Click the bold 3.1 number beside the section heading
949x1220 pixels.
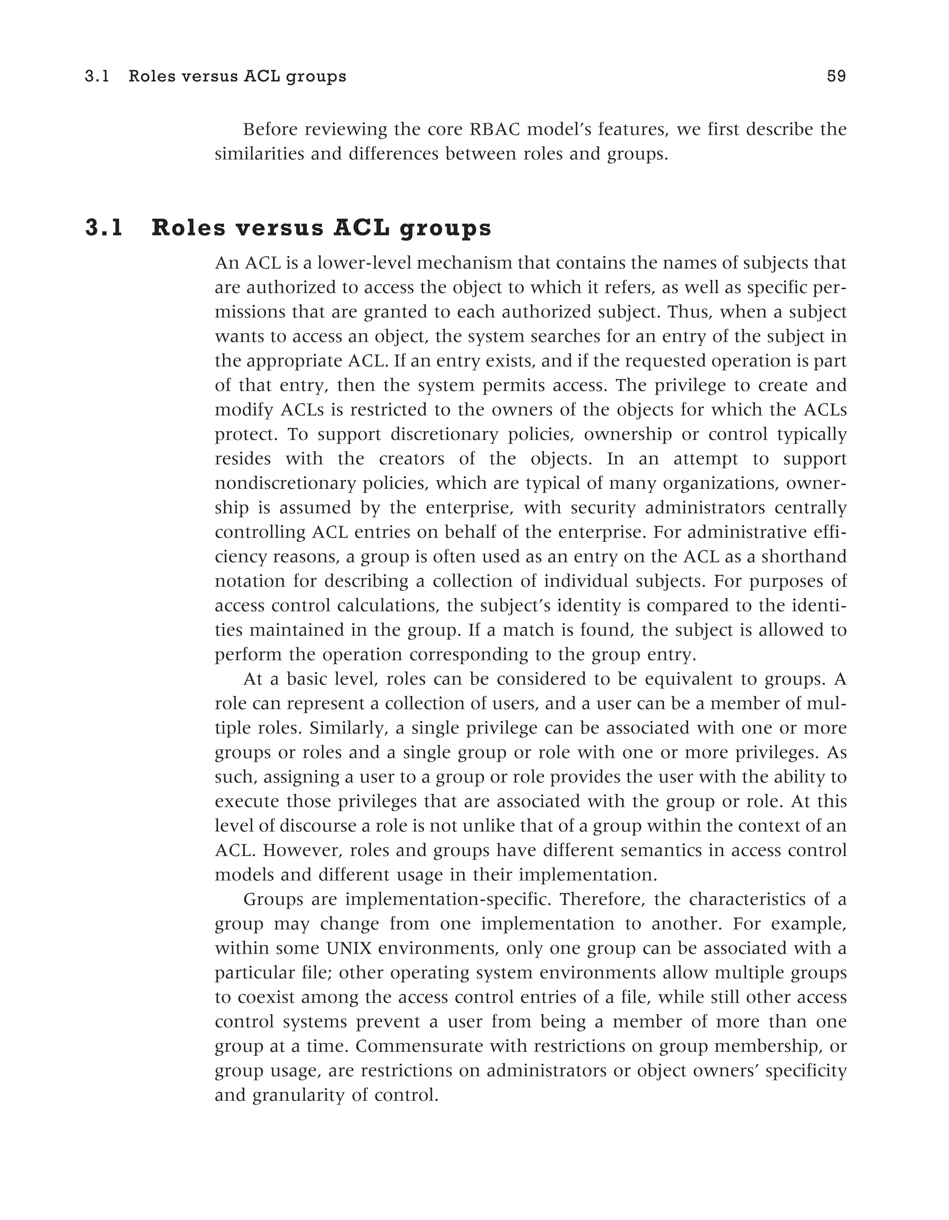pos(104,228)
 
